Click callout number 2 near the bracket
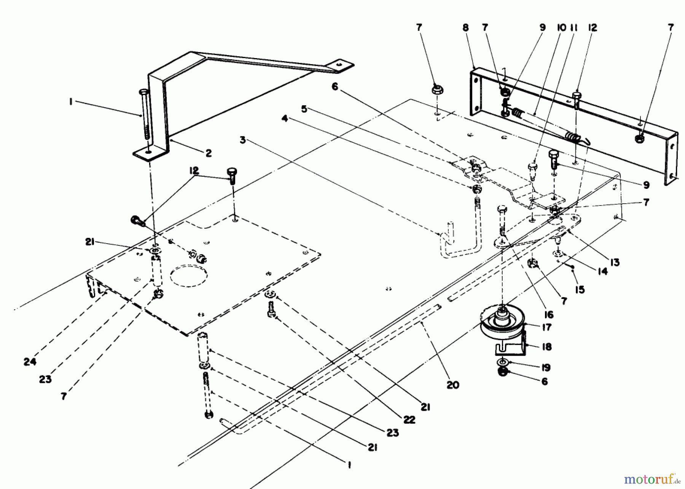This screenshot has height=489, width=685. click(208, 153)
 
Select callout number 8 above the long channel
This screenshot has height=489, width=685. click(465, 28)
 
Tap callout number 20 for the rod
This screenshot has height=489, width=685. click(452, 385)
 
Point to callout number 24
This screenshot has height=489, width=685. click(30, 362)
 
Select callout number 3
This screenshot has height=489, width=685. click(243, 140)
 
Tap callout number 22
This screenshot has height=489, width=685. click(409, 419)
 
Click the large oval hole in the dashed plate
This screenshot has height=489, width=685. click(189, 276)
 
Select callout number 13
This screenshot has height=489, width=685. click(615, 262)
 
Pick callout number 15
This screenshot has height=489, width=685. click(580, 290)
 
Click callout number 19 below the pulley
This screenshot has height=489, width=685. click(546, 367)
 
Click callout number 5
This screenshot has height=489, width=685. click(304, 109)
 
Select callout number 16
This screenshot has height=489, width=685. click(548, 315)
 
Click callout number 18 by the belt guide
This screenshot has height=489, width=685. click(546, 347)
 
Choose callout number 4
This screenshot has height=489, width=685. click(285, 119)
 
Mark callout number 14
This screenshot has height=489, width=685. click(602, 271)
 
